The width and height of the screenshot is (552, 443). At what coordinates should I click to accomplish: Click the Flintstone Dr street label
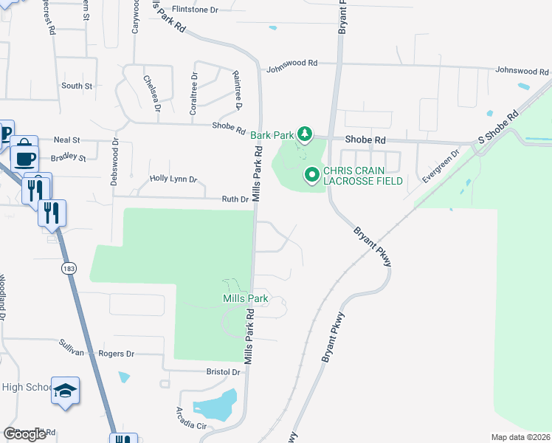[x=195, y=10]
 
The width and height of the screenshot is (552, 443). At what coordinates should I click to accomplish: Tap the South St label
[x=77, y=86]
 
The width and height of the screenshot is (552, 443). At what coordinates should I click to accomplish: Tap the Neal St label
[x=66, y=139]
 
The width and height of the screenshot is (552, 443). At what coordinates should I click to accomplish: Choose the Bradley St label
[x=68, y=157]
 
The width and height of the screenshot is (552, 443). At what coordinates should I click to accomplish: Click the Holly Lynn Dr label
[x=173, y=179]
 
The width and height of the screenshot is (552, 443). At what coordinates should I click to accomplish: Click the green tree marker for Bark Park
[x=303, y=134]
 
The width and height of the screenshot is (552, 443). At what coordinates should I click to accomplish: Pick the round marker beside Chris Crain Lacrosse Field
[x=312, y=175]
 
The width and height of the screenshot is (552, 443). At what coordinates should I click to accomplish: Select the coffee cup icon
[x=26, y=157]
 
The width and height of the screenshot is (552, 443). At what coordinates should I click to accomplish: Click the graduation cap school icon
[x=66, y=391]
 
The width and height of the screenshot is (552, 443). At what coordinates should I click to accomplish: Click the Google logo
[x=24, y=434]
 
